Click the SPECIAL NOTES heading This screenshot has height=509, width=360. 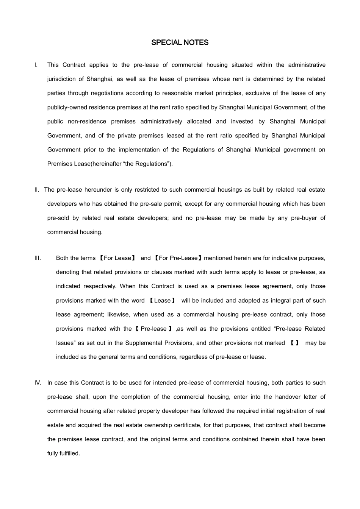[180, 42]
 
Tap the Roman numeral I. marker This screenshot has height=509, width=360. [36, 65]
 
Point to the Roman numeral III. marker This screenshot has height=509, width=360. [38, 258]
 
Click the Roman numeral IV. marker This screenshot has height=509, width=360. [38, 383]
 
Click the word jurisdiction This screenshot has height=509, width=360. [62, 79]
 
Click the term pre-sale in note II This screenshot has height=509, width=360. [150, 204]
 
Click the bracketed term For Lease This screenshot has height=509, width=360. [117, 258]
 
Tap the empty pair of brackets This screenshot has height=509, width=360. [294, 343]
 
